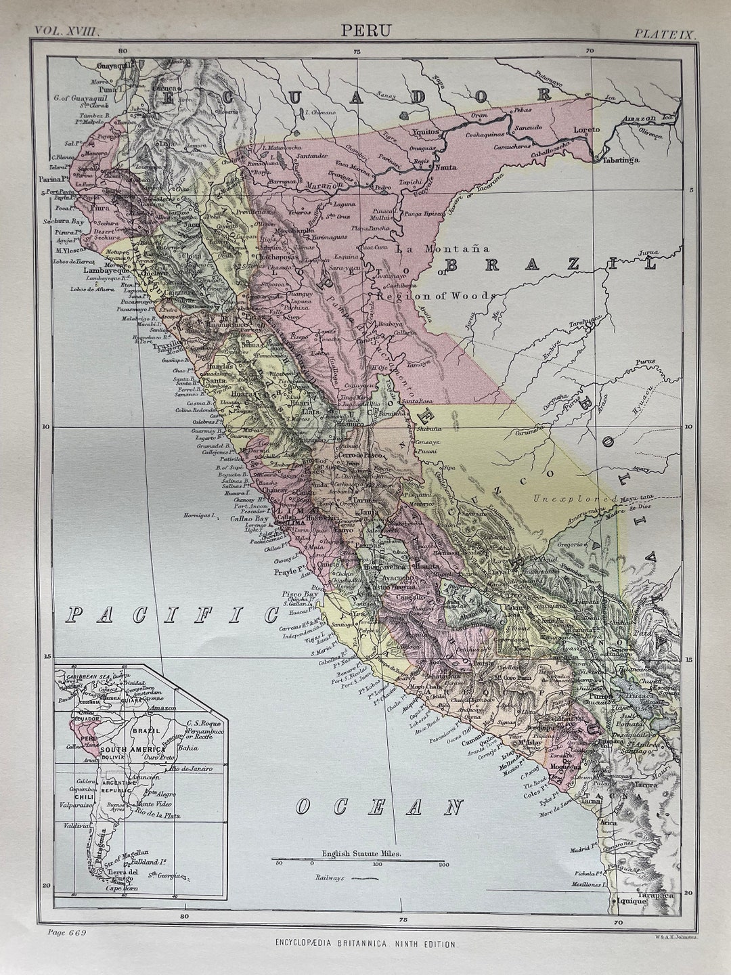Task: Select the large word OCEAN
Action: tap(379, 806)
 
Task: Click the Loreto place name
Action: tap(586, 129)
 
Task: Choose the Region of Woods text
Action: tap(437, 295)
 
